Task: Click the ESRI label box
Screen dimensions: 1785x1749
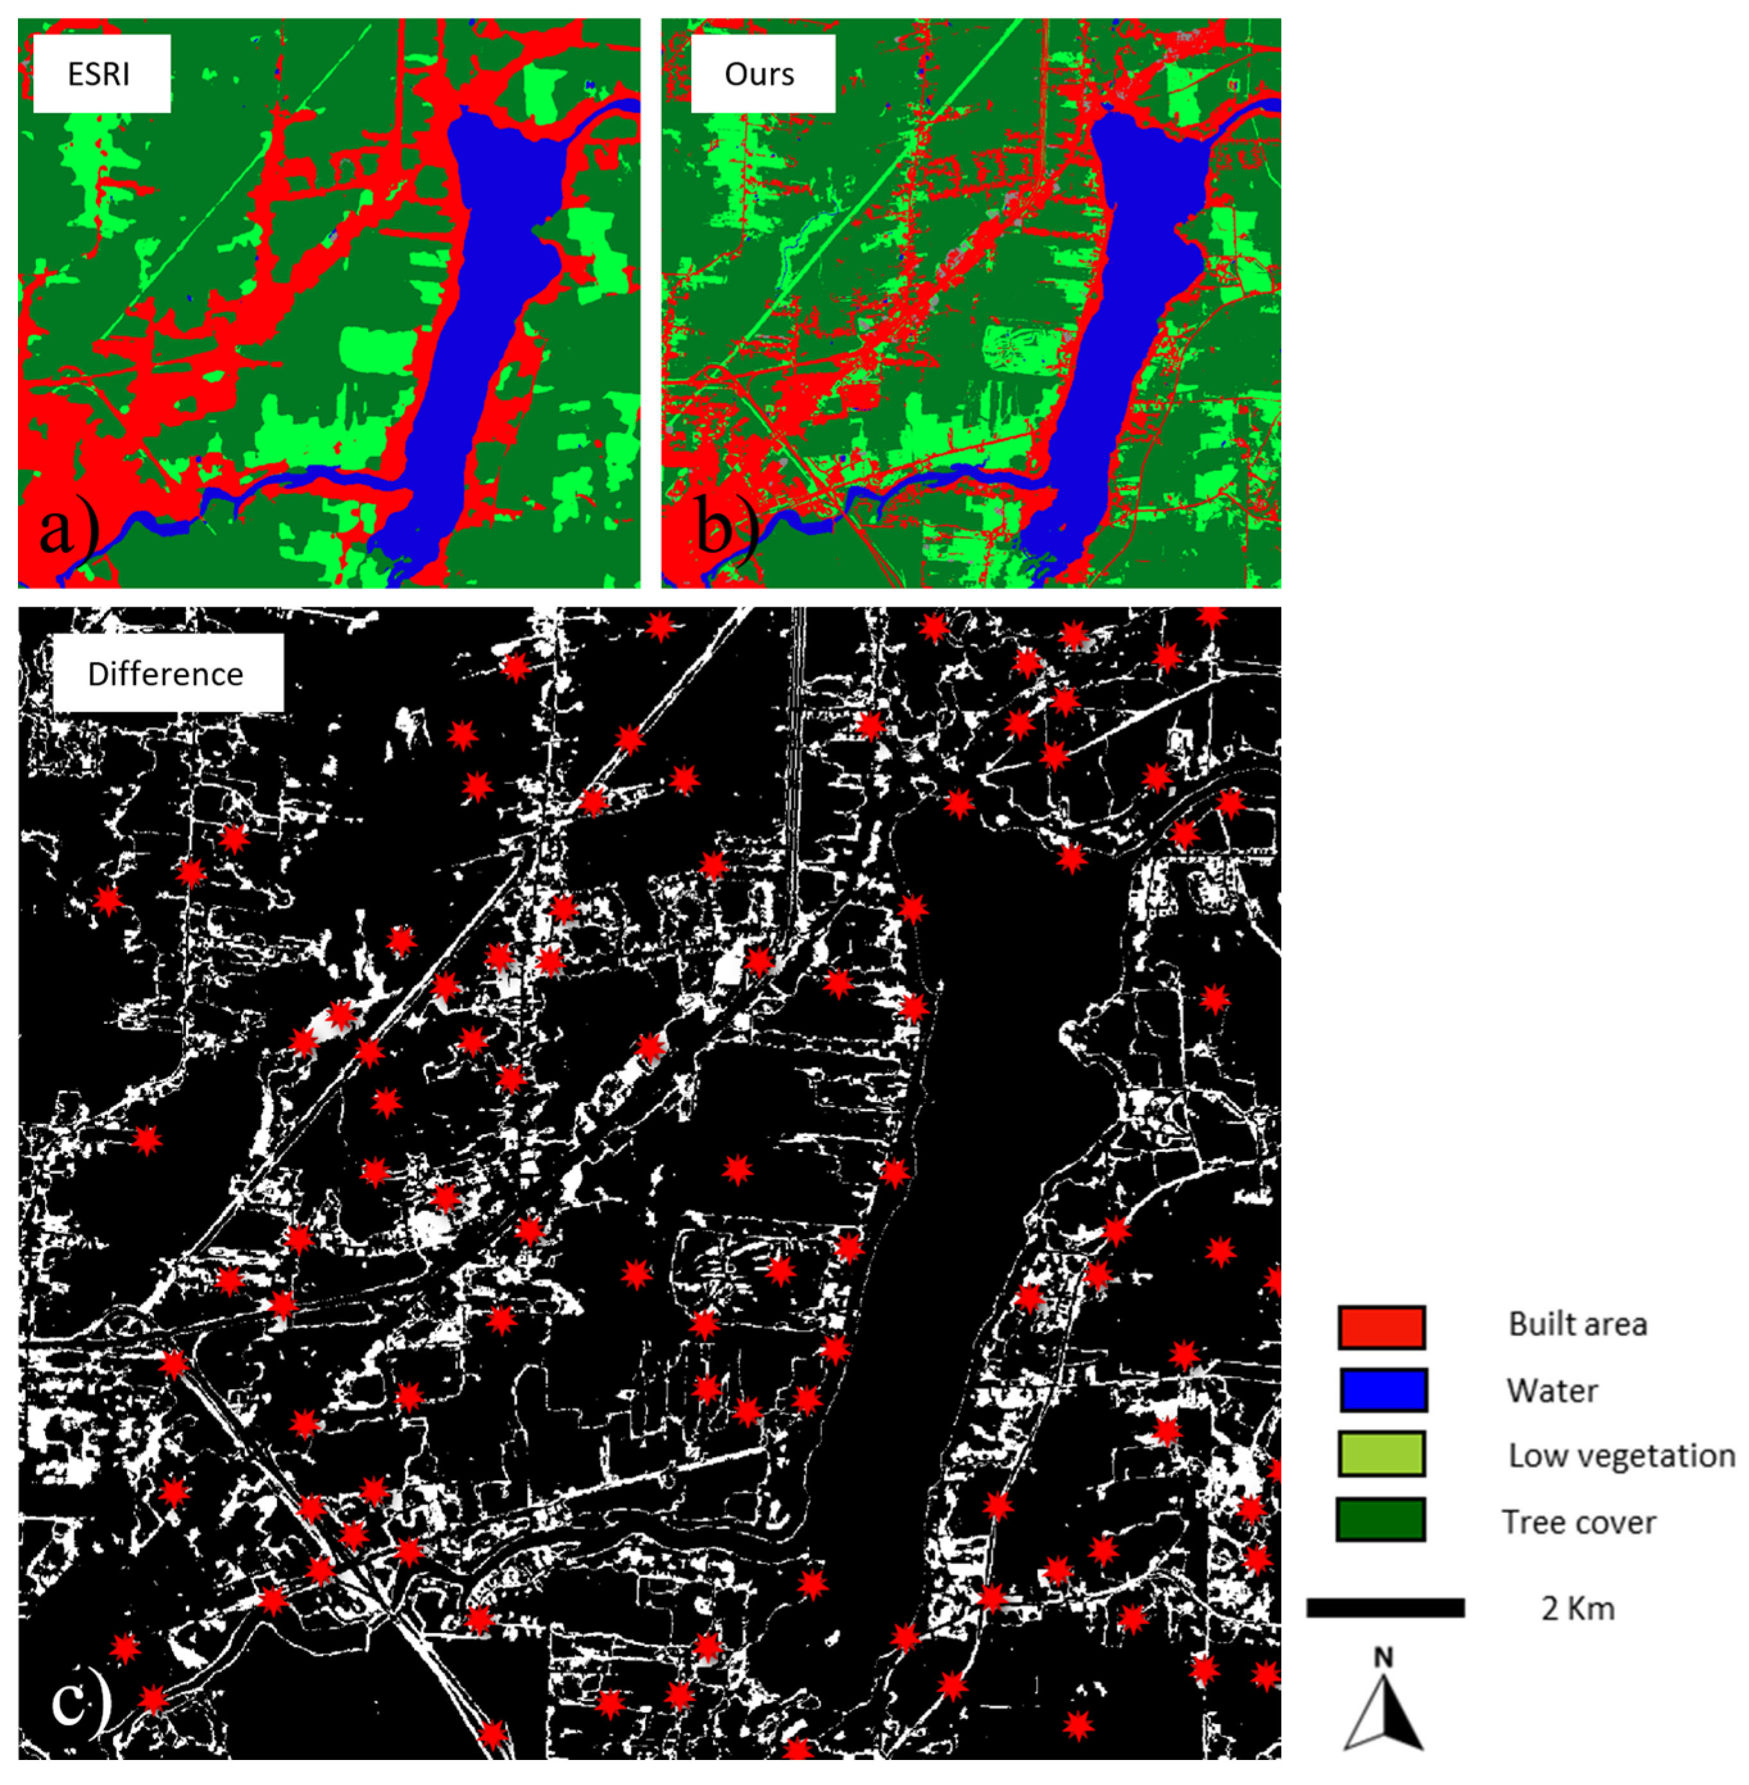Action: (101, 74)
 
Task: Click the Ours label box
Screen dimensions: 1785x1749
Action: (762, 74)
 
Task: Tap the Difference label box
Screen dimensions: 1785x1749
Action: (167, 673)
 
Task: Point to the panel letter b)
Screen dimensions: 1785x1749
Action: (726, 530)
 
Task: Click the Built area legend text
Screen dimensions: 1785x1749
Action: (1577, 1324)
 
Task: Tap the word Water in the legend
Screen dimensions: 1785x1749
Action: (1552, 1391)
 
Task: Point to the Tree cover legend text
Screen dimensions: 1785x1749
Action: (1578, 1522)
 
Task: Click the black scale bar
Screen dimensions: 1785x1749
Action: (1385, 1608)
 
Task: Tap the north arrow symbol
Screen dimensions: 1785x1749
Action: (1384, 1713)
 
